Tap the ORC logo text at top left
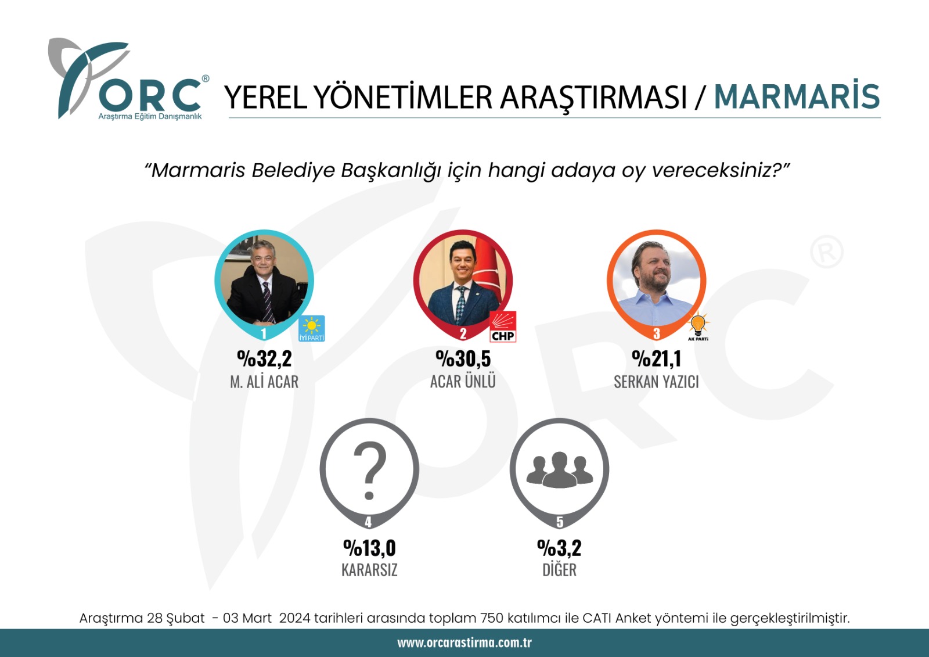150,95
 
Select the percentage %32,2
264,358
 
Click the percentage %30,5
463,358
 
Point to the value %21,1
656,358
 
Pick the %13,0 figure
369,548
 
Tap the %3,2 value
559,548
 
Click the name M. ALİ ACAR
264,382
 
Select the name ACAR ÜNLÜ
463,381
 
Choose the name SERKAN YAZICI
656,382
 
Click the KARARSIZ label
369,570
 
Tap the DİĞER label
560,569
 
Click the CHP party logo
503,326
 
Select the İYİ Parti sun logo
312,328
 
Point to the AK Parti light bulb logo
698,326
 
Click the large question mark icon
369,470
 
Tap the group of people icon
560,469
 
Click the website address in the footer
464,643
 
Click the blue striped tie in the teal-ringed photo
268,301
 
